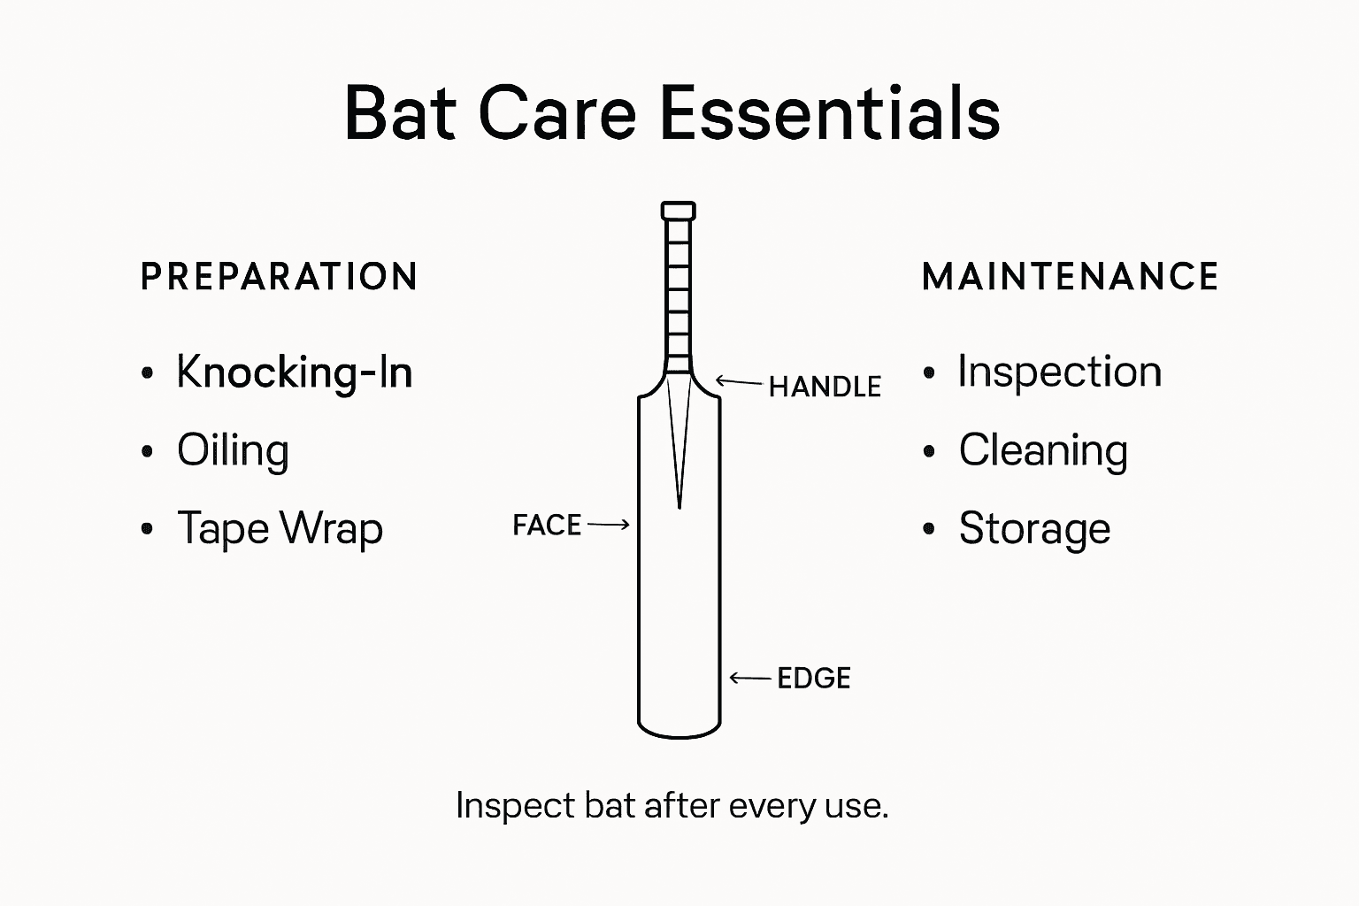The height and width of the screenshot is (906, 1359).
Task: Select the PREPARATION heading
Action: [x=279, y=277]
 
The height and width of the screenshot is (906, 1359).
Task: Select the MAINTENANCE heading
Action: [x=1071, y=277]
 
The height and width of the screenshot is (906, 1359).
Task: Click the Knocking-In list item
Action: [x=295, y=372]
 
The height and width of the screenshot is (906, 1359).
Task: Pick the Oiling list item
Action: [x=233, y=450]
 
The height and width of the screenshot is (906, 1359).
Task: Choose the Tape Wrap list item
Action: [x=280, y=529]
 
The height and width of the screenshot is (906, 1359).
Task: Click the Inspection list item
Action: [x=1059, y=372]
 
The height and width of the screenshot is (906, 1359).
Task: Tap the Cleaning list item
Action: [x=1043, y=450]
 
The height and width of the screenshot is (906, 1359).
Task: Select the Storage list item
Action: [x=1034, y=529]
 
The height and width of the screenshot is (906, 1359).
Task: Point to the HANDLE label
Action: [x=825, y=387]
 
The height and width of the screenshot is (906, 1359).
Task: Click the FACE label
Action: [x=547, y=526]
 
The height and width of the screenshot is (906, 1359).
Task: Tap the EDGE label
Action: [x=814, y=679]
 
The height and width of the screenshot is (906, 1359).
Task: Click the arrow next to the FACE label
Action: [x=609, y=525]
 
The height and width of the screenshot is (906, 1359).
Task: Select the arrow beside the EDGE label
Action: [x=750, y=679]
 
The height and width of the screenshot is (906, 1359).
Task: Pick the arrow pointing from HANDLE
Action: [x=738, y=382]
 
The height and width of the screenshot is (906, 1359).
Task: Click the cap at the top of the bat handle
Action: [x=679, y=211]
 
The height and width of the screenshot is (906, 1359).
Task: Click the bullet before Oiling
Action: [x=148, y=452]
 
